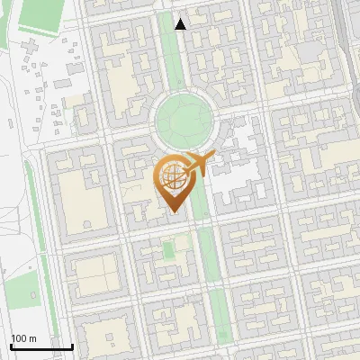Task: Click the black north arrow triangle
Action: point(181,24)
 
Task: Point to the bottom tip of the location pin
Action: point(173,212)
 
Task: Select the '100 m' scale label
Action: point(23,338)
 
